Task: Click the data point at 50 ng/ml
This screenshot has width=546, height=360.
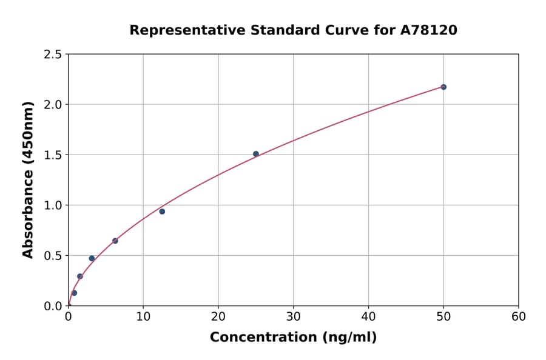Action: pyautogui.click(x=443, y=87)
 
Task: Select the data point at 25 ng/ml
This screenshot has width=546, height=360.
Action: pyautogui.click(x=256, y=154)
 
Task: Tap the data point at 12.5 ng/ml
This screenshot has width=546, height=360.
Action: pyautogui.click(x=162, y=212)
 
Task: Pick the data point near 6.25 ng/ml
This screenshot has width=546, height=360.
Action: pyautogui.click(x=115, y=241)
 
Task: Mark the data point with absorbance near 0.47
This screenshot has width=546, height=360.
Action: pyautogui.click(x=92, y=258)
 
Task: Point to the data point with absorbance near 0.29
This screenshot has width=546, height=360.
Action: pyautogui.click(x=79, y=276)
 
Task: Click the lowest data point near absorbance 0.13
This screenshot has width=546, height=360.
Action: pyautogui.click(x=74, y=293)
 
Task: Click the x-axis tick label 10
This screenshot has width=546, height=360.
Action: pyautogui.click(x=143, y=316)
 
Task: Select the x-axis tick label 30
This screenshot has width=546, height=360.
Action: pyautogui.click(x=294, y=316)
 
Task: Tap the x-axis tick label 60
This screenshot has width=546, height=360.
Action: pyautogui.click(x=519, y=316)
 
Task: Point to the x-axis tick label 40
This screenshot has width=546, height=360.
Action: pyautogui.click(x=368, y=316)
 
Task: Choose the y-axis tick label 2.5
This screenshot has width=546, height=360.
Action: pyautogui.click(x=53, y=55)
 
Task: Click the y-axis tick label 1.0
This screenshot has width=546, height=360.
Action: pyautogui.click(x=53, y=205)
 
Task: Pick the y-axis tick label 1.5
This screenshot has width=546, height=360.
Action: pyautogui.click(x=53, y=155)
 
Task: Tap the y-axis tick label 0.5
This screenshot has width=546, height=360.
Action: pyautogui.click(x=53, y=256)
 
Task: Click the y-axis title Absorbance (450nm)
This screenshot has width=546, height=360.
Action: pyautogui.click(x=28, y=180)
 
